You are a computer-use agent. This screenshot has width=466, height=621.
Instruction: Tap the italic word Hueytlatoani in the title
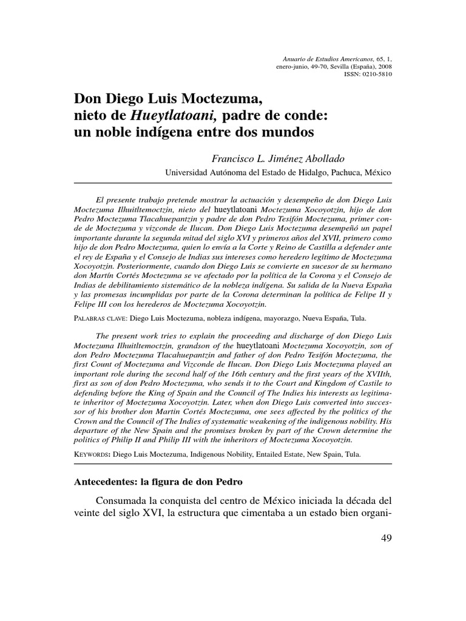[163, 113]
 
